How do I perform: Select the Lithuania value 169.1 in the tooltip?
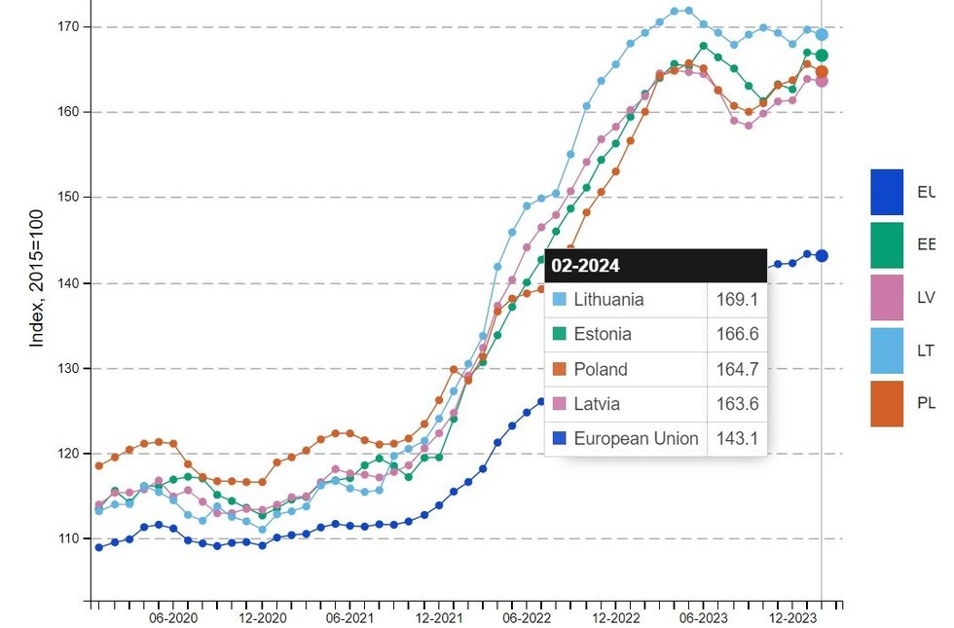(x=738, y=300)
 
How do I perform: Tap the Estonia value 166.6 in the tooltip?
(x=738, y=335)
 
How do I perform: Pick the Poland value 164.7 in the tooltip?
(x=738, y=370)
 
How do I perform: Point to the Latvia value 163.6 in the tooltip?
(x=738, y=405)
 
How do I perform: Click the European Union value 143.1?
(x=738, y=439)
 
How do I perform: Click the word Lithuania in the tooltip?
(x=608, y=300)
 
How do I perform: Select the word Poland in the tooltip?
(x=601, y=370)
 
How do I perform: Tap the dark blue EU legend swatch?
(x=887, y=192)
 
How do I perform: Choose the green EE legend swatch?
(x=887, y=245)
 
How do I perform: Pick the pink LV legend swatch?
(x=887, y=298)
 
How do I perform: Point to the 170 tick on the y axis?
(x=67, y=27)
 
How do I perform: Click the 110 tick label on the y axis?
(x=67, y=538)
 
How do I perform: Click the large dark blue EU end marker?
(x=822, y=256)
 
